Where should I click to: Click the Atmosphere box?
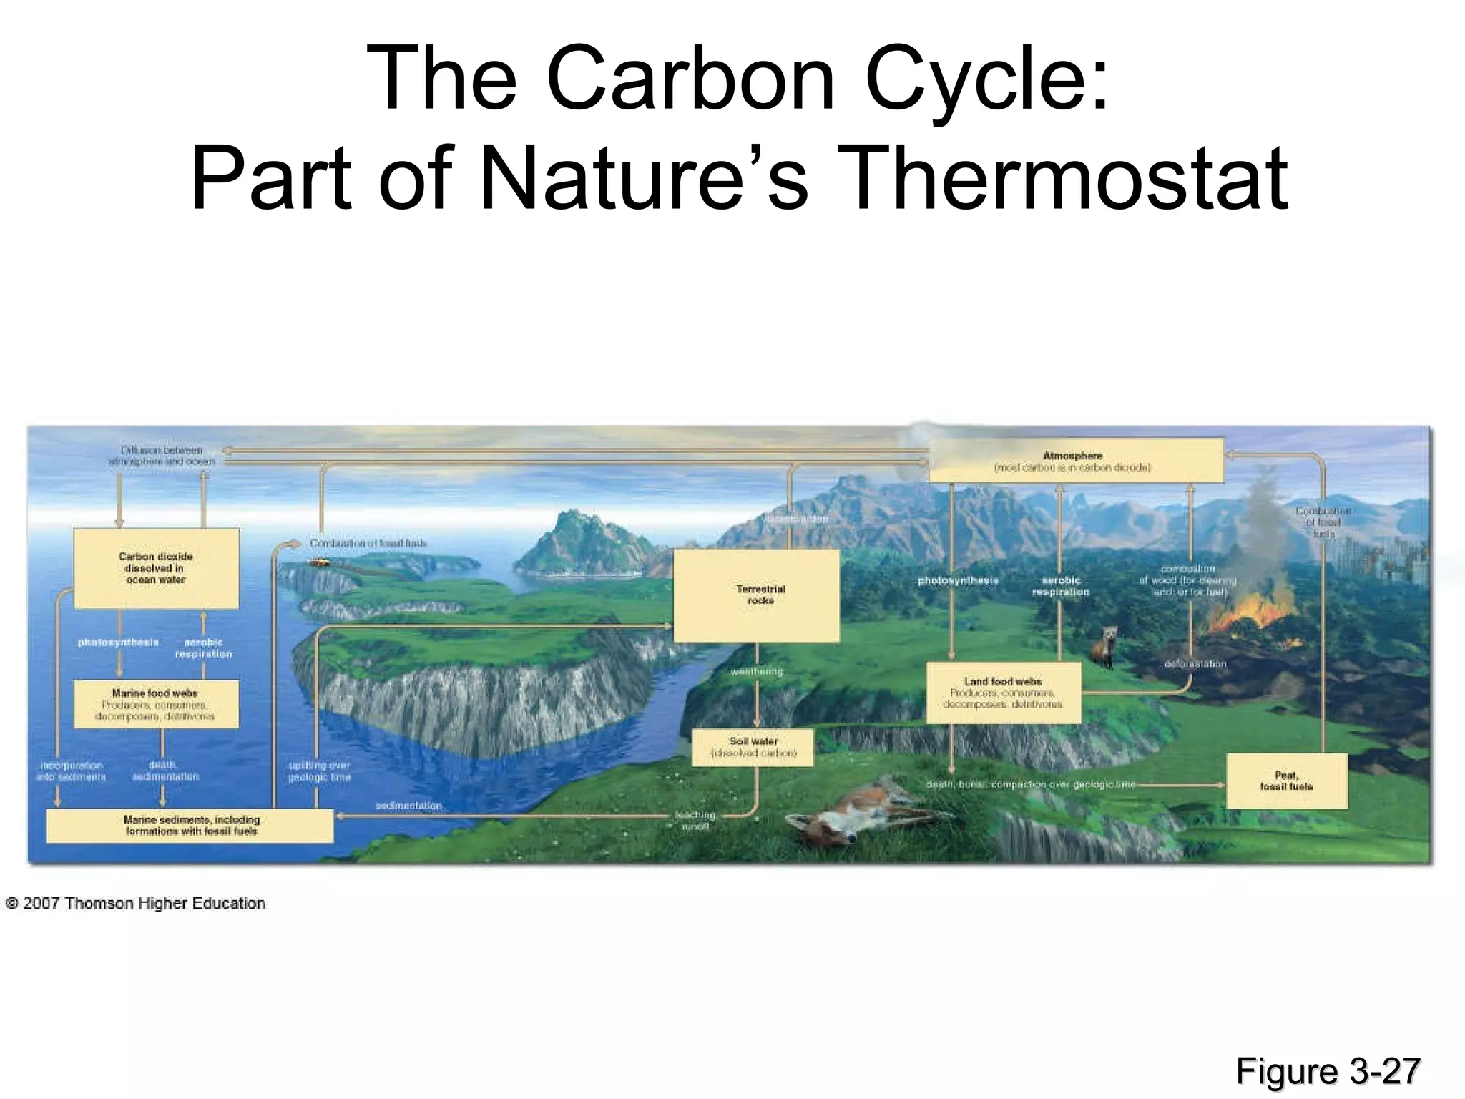(1075, 461)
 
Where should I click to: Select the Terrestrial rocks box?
(757, 595)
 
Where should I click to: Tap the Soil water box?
(753, 748)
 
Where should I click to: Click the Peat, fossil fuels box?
(1286, 781)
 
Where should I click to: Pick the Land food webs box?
(1003, 693)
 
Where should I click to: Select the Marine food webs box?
(156, 704)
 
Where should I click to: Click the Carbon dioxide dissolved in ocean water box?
(156, 568)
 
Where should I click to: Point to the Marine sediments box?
(190, 826)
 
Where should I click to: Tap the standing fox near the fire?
(1104, 646)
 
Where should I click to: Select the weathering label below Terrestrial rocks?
(757, 672)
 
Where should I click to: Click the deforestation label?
(1195, 664)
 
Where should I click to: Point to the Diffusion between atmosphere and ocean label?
(162, 456)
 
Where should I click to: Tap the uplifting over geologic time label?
(319, 771)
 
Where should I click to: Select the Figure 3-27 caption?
(1328, 1071)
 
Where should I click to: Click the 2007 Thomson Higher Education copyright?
(136, 904)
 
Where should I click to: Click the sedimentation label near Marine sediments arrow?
(408, 806)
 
